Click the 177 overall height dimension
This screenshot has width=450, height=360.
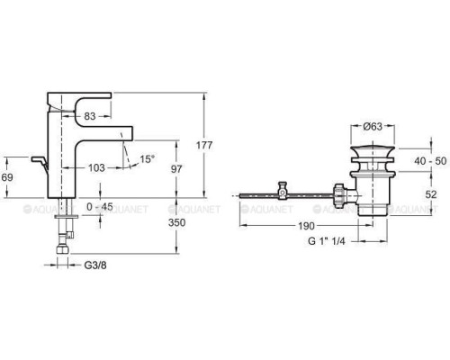tap(204, 145)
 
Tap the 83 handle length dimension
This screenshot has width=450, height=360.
tap(90, 116)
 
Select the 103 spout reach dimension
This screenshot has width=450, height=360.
tap(96, 167)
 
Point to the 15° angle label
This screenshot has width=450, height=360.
tap(147, 158)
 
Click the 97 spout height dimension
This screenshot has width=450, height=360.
tap(176, 169)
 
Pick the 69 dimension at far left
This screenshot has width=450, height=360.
tap(7, 177)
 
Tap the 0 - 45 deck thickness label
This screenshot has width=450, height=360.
tap(100, 207)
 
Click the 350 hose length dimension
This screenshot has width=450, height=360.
tap(176, 222)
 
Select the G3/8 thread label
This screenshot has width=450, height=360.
tap(95, 265)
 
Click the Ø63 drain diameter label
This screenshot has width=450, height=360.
tap(373, 127)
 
